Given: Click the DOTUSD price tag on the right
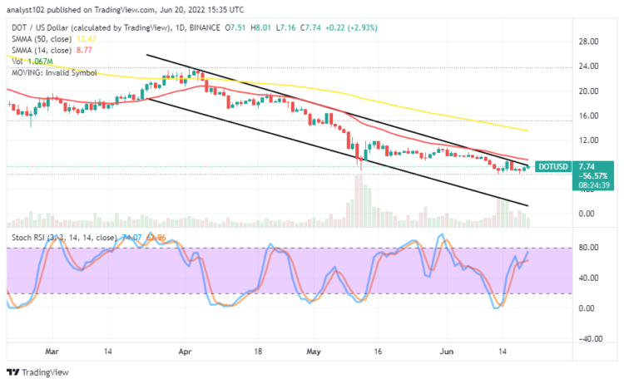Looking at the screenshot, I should [552, 166].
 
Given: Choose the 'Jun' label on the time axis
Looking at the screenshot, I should [443, 352].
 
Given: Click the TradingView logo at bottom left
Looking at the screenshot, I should [37, 372].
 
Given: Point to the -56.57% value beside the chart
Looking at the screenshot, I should [552, 175].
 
